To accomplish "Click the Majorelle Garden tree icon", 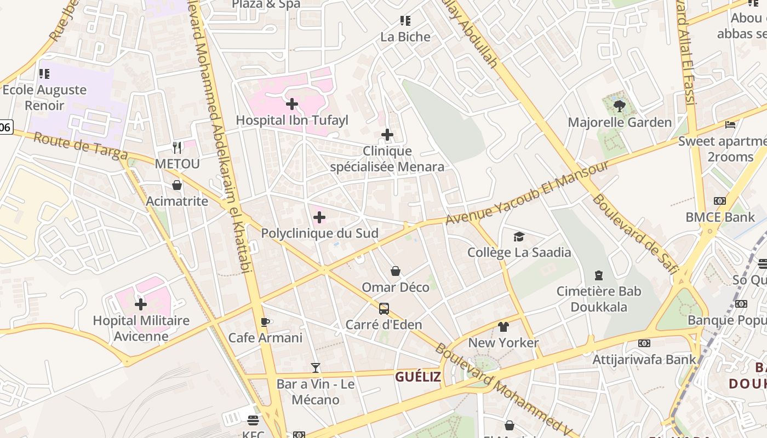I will click(x=620, y=106).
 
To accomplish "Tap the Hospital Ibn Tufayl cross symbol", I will click(x=292, y=103).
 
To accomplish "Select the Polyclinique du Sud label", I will click(x=319, y=233).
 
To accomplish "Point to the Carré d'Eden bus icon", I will click(x=384, y=309).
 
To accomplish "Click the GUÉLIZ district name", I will click(x=418, y=377).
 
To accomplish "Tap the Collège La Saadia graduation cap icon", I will click(x=519, y=237).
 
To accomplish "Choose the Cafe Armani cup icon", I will click(x=265, y=322).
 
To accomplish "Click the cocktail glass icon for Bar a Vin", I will click(x=316, y=368).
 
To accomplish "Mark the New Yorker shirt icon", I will click(x=503, y=327).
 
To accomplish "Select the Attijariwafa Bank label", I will click(x=644, y=360).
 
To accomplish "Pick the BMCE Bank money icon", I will click(x=720, y=201).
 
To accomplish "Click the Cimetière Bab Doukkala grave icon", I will click(x=599, y=275).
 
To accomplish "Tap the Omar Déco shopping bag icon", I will click(x=396, y=271).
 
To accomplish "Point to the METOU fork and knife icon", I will click(x=177, y=148).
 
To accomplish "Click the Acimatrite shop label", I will click(x=177, y=201).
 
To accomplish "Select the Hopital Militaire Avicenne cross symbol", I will click(x=141, y=304).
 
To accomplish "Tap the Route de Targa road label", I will click(x=80, y=146).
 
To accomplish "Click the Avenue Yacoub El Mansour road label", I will click(x=527, y=193).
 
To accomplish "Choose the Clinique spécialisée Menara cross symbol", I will click(x=387, y=135).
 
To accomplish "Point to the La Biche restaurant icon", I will click(x=405, y=21).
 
